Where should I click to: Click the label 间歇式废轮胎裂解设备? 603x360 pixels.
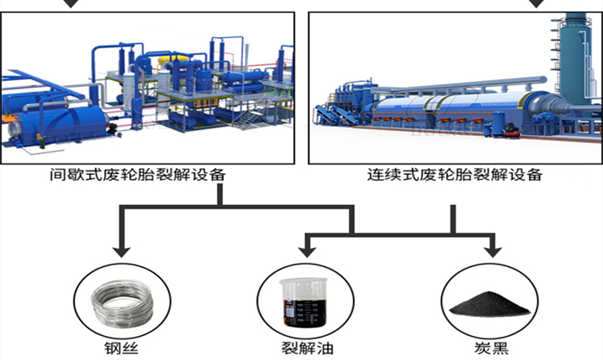click(137, 174)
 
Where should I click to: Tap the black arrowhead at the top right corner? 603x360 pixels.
click(538, 3)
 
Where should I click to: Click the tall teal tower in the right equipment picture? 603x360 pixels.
click(569, 52)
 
